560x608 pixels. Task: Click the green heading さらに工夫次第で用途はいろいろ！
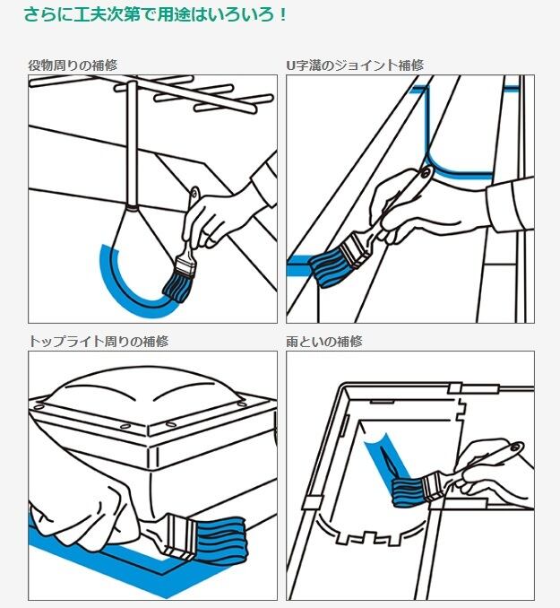[x=155, y=14]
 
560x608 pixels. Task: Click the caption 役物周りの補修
[x=73, y=65]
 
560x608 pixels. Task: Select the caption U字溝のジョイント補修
[x=355, y=65]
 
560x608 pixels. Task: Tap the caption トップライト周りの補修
[x=99, y=342]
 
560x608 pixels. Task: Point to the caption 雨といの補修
[x=324, y=342]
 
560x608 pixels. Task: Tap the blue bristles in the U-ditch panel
[x=329, y=265]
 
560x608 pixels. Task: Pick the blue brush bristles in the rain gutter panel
[x=408, y=491]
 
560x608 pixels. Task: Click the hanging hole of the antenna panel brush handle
[x=194, y=193]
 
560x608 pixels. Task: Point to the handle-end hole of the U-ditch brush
[x=427, y=172]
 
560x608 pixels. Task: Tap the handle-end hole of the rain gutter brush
[x=515, y=447]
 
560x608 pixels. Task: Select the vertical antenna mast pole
[x=133, y=144]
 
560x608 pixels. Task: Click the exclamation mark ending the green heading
[x=283, y=15]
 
